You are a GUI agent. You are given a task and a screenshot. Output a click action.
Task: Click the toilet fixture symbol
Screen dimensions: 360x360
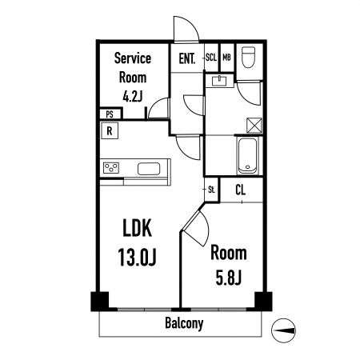tap(248, 57)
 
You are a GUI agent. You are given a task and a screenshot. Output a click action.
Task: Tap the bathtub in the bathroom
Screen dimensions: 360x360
tap(248, 155)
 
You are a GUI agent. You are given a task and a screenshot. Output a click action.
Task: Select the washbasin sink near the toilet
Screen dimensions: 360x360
tap(219, 81)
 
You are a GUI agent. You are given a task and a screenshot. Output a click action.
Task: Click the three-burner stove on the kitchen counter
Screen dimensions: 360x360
tap(111, 168)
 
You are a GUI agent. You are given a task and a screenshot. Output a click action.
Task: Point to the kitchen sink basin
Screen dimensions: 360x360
tap(149, 169)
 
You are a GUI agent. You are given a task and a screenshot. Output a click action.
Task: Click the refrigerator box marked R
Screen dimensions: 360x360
tap(110, 131)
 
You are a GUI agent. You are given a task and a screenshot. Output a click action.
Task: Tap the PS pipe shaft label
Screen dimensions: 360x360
tap(110, 114)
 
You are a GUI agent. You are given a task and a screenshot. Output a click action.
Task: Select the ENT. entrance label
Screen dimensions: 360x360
tap(187, 58)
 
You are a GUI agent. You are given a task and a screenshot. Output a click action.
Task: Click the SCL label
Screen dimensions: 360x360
tap(211, 58)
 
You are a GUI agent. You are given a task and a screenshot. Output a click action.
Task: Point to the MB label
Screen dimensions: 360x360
tap(226, 58)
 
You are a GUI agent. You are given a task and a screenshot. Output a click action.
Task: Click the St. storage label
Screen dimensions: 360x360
tap(212, 190)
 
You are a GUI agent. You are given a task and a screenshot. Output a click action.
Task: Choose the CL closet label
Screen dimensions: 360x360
tap(241, 190)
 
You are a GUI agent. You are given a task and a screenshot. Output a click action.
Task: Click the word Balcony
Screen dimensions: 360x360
tap(184, 323)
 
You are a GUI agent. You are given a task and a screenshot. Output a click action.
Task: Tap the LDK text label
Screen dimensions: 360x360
tap(137, 228)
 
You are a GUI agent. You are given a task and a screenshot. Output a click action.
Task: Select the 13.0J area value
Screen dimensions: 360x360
tap(137, 257)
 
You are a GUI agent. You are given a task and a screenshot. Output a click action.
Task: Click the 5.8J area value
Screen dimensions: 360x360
tap(229, 278)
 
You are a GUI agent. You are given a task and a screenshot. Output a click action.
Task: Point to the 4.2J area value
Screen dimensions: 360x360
tap(132, 97)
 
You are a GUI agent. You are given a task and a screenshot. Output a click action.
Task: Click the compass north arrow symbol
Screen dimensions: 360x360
tap(283, 330)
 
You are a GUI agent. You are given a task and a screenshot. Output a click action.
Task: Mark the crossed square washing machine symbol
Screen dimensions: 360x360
tap(254, 125)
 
